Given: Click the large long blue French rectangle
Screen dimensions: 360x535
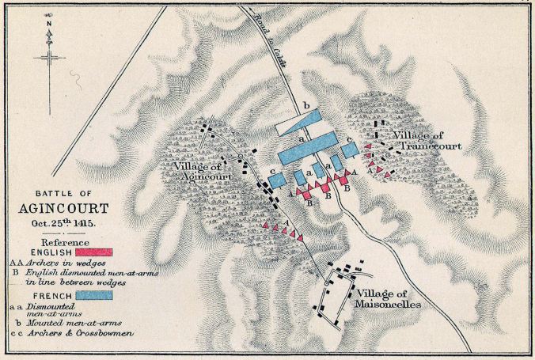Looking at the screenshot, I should pyautogui.click(x=313, y=153).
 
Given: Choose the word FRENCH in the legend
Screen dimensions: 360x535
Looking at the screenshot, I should pyautogui.click(x=44, y=295).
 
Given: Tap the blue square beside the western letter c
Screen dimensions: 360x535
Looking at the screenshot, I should pyautogui.click(x=276, y=180).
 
